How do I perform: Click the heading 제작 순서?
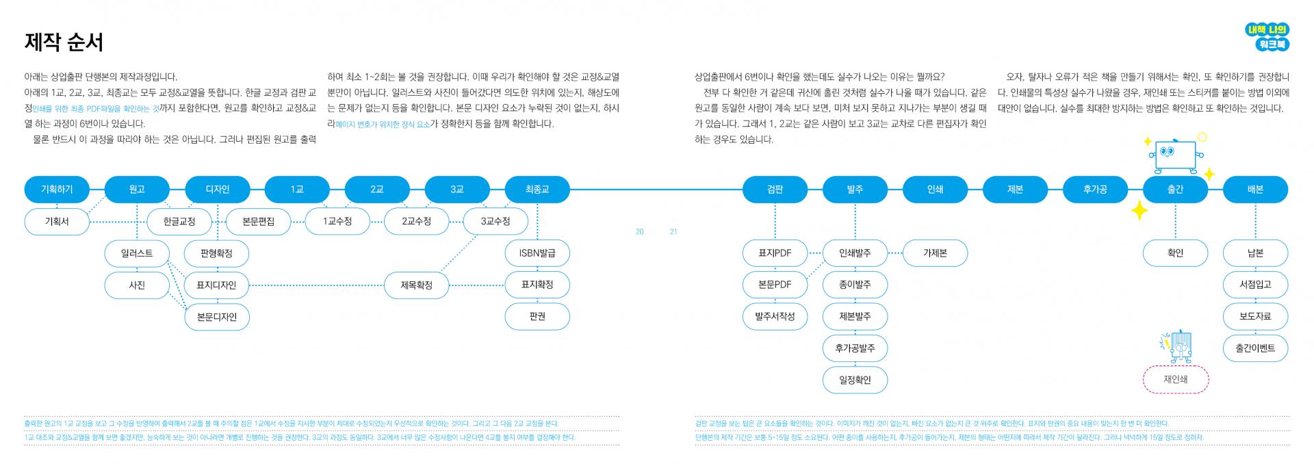64,42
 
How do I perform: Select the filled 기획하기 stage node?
57,189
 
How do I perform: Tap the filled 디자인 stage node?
218,189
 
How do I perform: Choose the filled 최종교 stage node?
537,189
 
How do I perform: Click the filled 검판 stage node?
775,189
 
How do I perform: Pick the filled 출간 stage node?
1175,189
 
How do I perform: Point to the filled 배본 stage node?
1255,189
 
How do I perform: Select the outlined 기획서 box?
57,221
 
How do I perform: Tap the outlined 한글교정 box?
179,221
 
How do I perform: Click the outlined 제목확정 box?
417,285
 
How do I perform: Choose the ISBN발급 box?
537,253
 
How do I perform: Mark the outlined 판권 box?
537,316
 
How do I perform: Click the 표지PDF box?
775,253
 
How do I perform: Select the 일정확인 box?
855,380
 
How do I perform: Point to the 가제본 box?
935,253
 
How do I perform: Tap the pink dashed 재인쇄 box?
1176,379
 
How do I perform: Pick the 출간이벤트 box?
1255,348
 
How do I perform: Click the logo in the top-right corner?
1267,37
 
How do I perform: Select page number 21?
673,231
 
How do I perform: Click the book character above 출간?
1174,156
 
